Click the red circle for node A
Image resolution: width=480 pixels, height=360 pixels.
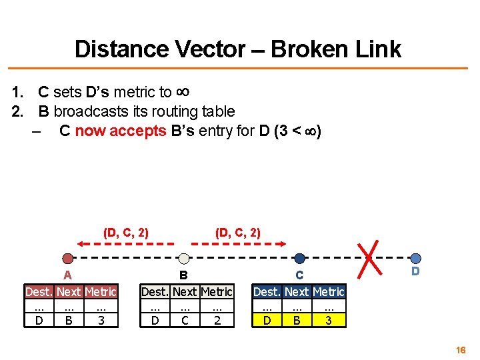coord(67,259)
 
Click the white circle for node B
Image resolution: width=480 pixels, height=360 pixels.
coord(184,259)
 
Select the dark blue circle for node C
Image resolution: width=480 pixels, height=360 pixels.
coord(300,259)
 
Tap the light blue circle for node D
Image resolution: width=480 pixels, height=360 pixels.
coord(416,259)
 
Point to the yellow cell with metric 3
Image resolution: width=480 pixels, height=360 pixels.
coord(328,321)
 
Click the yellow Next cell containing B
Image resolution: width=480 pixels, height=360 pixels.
coord(297,321)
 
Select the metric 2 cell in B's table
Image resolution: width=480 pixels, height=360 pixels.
coord(217,321)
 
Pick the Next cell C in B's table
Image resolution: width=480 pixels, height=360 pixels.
coord(185,321)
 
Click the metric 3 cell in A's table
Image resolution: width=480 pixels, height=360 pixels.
coord(101,321)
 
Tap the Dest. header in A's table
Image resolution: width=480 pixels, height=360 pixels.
coord(39,292)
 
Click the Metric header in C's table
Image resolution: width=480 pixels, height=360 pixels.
coord(328,292)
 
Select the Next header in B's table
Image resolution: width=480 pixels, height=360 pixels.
coord(185,292)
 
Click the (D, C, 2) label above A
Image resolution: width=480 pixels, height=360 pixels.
coord(125,233)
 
